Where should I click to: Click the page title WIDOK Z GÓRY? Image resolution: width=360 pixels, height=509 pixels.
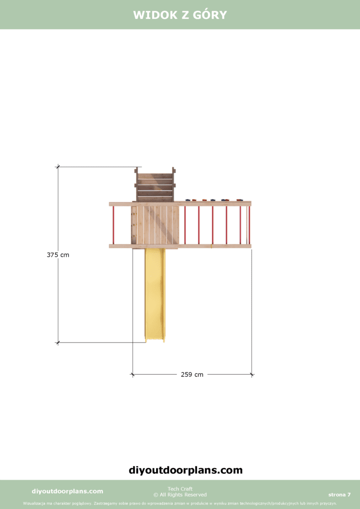click(180, 15)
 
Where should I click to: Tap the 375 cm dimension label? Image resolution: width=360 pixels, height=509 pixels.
click(58, 255)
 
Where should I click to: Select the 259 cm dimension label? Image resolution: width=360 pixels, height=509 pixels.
click(192, 375)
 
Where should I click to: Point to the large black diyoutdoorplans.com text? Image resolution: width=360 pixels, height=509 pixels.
click(185, 470)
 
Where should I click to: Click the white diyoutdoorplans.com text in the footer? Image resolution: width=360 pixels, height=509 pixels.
click(68, 491)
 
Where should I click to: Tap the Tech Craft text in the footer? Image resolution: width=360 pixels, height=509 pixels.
click(180, 489)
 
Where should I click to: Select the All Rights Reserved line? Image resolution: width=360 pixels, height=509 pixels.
click(180, 495)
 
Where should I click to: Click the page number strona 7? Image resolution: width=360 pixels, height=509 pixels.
click(339, 495)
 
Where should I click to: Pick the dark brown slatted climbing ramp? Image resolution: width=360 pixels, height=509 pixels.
click(155, 184)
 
